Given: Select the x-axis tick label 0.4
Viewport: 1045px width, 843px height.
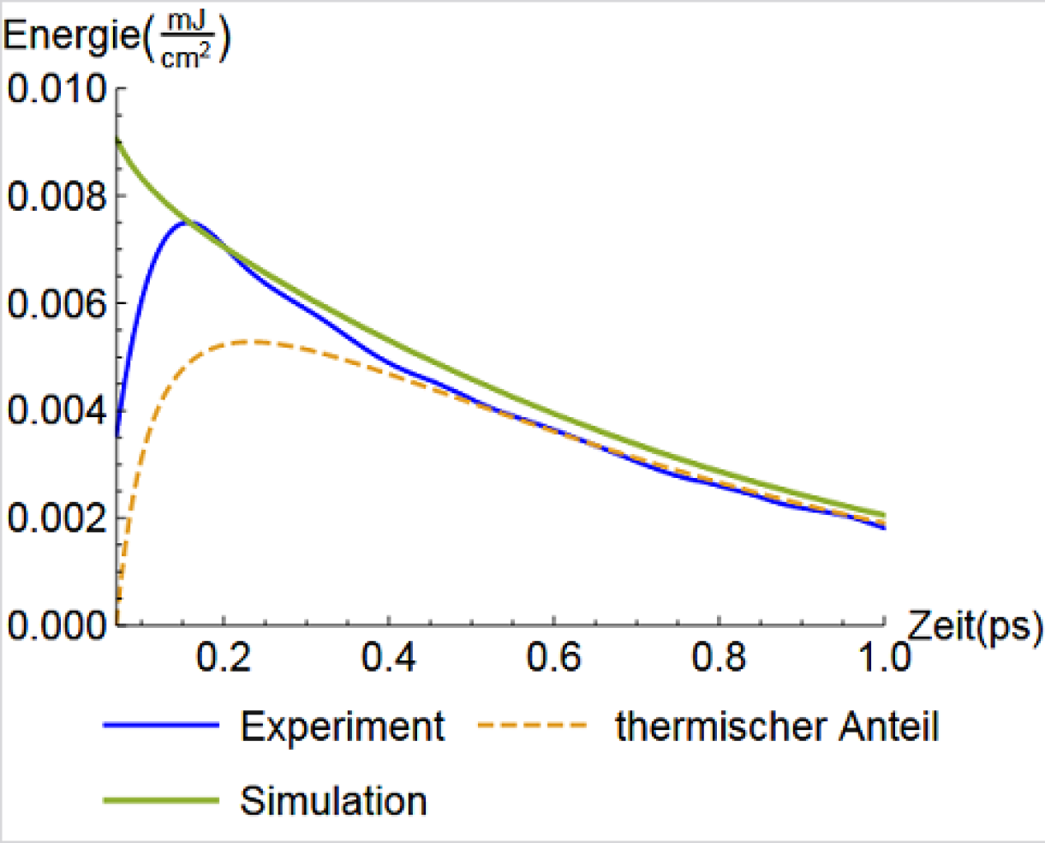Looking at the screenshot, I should [389, 658].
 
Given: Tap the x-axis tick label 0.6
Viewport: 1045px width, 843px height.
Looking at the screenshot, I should [554, 658].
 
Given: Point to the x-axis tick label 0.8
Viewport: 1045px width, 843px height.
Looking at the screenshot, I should [720, 658].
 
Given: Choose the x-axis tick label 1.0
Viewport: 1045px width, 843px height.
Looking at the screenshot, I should [883, 658].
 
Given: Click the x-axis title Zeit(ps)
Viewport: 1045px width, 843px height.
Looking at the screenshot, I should [974, 627].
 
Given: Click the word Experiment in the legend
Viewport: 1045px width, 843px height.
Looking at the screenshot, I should [342, 727].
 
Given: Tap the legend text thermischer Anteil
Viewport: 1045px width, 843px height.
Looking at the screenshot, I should [777, 727].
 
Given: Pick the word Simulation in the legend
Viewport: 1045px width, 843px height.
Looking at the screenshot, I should [333, 801].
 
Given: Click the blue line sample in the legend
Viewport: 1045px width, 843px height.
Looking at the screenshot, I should [161, 726].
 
